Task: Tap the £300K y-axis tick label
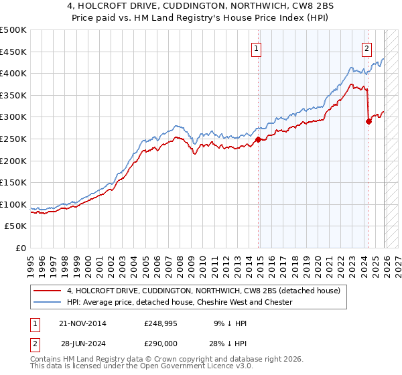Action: (x=13, y=117)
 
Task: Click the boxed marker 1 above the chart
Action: (x=257, y=48)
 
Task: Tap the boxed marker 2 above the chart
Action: (x=367, y=48)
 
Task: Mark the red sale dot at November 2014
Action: (x=259, y=140)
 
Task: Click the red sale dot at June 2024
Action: (x=368, y=121)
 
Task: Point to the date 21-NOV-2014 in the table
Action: (x=82, y=323)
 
